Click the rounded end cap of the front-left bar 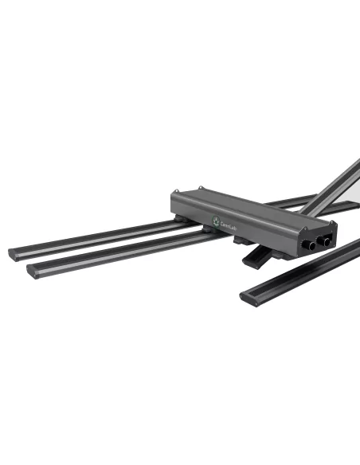point(34,272)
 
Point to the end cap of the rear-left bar point(15,253)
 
